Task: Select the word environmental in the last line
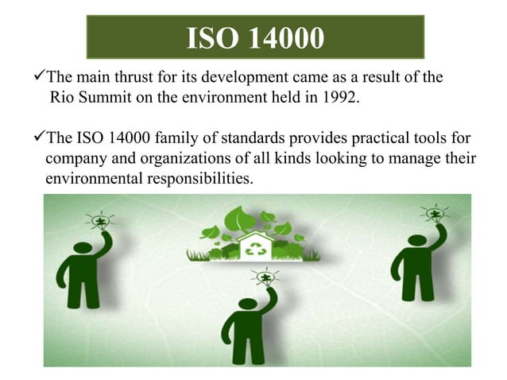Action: [x=94, y=178]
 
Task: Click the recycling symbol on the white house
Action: [x=256, y=247]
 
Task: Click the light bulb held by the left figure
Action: [x=101, y=219]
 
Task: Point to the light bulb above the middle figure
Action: [x=265, y=277]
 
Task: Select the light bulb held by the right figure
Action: [x=435, y=212]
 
